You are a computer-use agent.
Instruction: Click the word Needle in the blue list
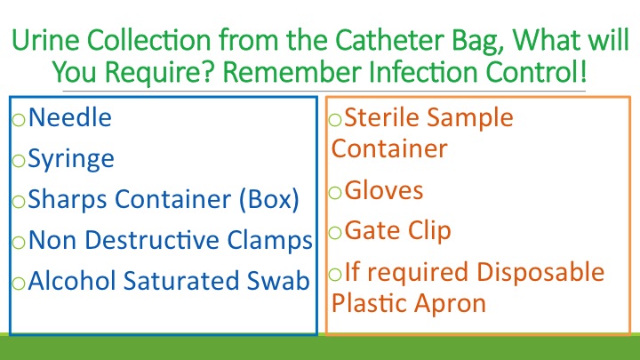click(70, 117)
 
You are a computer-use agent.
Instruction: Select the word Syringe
click(71, 159)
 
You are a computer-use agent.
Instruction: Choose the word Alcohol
click(69, 281)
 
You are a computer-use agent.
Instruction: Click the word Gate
click(370, 231)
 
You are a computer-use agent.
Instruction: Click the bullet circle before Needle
click(19, 120)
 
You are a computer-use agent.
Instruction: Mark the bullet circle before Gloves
click(335, 193)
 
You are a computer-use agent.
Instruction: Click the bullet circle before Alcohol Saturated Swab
click(19, 284)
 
